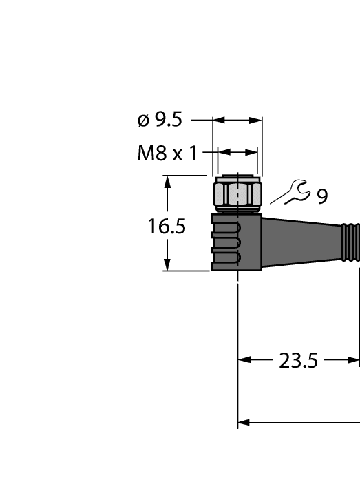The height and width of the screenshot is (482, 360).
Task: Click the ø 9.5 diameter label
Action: (x=160, y=120)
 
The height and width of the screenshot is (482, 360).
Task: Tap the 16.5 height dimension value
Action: (x=167, y=227)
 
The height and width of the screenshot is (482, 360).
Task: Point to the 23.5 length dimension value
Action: (x=298, y=360)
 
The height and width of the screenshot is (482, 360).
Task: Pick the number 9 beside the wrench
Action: (x=321, y=198)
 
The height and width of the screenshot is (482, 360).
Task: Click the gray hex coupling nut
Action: (x=237, y=195)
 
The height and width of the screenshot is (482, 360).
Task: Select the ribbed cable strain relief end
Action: (x=351, y=242)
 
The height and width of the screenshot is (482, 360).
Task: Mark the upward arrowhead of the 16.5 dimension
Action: (x=167, y=181)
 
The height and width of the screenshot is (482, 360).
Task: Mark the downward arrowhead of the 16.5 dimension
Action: (x=167, y=265)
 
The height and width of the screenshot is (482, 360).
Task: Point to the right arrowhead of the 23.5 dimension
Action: (x=355, y=360)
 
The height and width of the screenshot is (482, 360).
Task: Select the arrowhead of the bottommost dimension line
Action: (x=243, y=422)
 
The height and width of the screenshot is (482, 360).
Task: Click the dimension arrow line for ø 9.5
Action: (x=237, y=120)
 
